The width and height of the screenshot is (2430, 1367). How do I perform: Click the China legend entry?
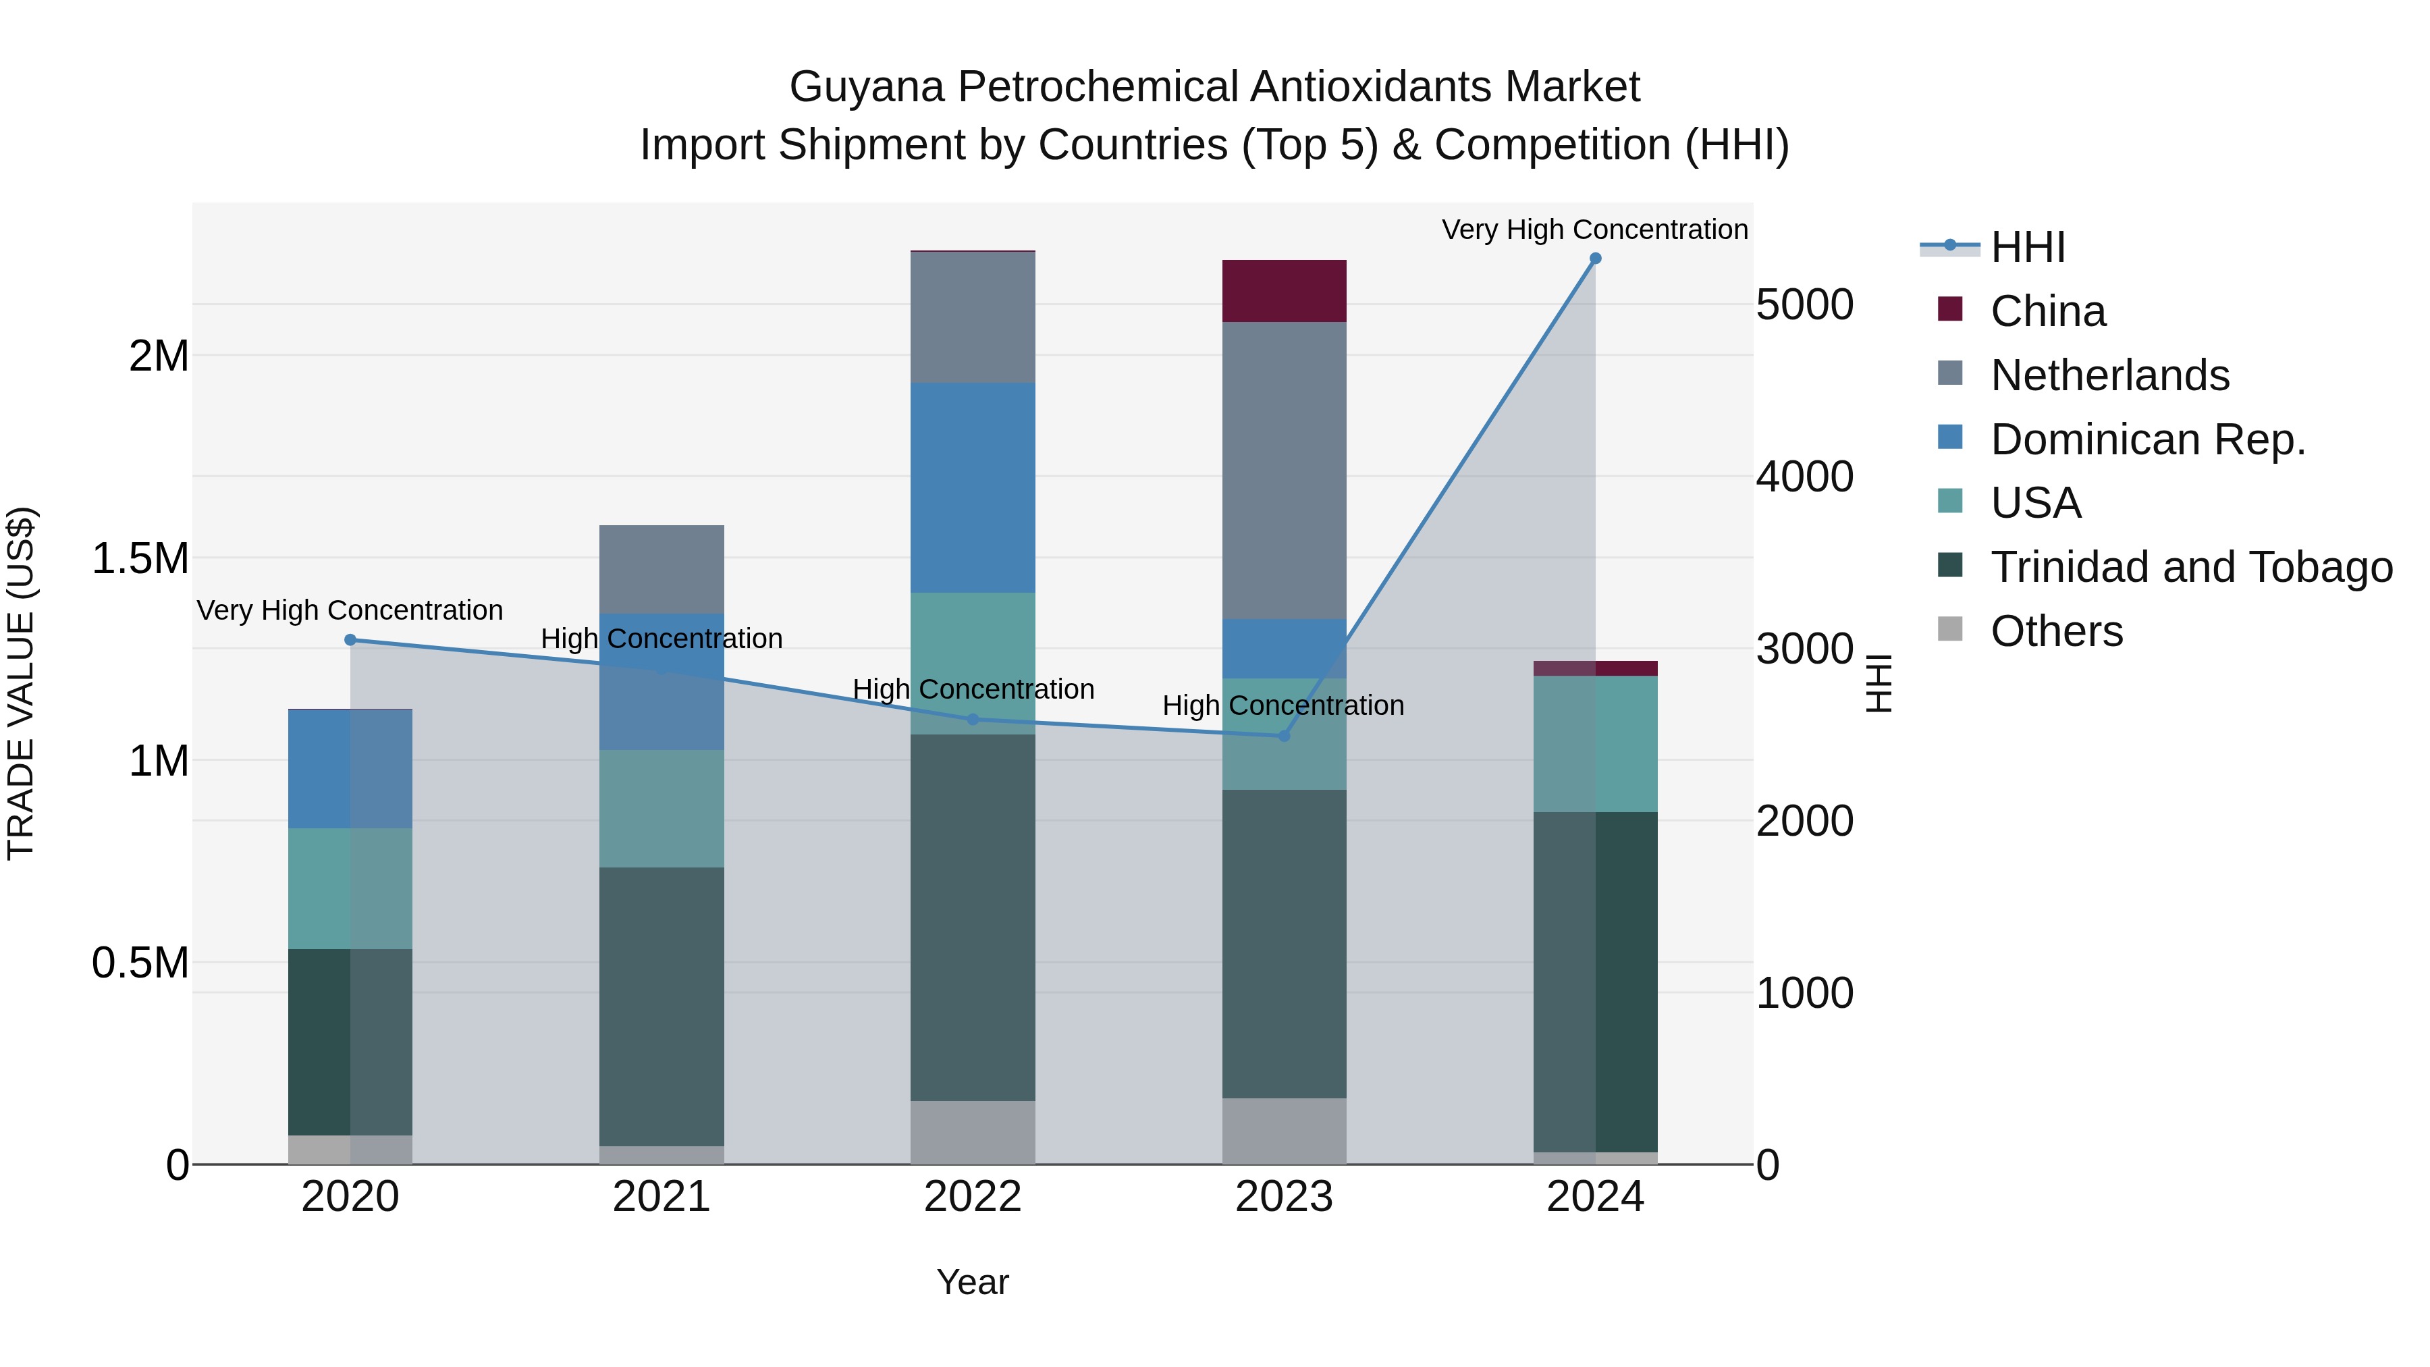[x=2047, y=311]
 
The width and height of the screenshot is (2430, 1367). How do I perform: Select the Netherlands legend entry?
[x=2109, y=375]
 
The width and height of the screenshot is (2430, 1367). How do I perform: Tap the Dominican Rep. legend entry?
[x=2147, y=439]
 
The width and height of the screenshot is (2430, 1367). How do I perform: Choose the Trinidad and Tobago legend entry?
[x=2190, y=567]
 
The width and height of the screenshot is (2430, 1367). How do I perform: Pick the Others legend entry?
[x=2057, y=631]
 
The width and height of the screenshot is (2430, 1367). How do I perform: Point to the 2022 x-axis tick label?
[x=973, y=1197]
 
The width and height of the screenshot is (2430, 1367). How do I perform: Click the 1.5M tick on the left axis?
[x=140, y=558]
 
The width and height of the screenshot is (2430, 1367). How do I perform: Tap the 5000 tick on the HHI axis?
[x=1804, y=304]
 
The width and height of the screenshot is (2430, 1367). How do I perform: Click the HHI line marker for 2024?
[x=1595, y=259]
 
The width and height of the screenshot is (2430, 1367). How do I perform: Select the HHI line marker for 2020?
[x=350, y=640]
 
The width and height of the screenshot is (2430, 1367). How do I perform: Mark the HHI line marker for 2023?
[x=1284, y=736]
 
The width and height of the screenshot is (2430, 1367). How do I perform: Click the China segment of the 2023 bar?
[x=1284, y=290]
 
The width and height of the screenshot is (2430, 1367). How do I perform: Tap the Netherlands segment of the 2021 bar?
[x=661, y=569]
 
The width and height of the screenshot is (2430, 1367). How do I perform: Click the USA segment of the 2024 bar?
[x=1595, y=743]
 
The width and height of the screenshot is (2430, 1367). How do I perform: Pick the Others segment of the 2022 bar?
[x=973, y=1132]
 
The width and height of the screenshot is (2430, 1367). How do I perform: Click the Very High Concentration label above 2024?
[x=1594, y=230]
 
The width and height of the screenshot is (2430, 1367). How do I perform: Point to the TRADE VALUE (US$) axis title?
[x=21, y=683]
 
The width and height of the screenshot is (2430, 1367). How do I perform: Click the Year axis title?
[x=973, y=1282]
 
